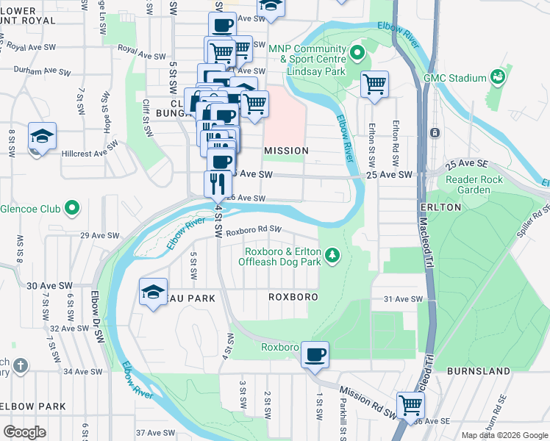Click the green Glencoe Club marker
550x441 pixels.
(x=72, y=209)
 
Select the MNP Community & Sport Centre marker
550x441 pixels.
(x=358, y=52)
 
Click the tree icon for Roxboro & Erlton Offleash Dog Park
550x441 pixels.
(x=334, y=254)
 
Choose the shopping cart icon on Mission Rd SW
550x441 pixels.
(x=410, y=404)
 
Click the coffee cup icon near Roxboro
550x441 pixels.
(x=315, y=355)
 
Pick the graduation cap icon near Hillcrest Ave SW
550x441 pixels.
(x=42, y=137)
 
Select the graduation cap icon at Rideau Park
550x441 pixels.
(x=154, y=292)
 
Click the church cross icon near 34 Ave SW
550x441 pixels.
(x=21, y=365)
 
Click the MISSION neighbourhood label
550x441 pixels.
(x=286, y=150)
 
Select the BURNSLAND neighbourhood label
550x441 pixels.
(x=478, y=372)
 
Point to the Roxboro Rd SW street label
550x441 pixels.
(x=254, y=230)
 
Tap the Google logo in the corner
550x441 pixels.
(x=24, y=432)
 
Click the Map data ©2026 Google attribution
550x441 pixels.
(x=504, y=435)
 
